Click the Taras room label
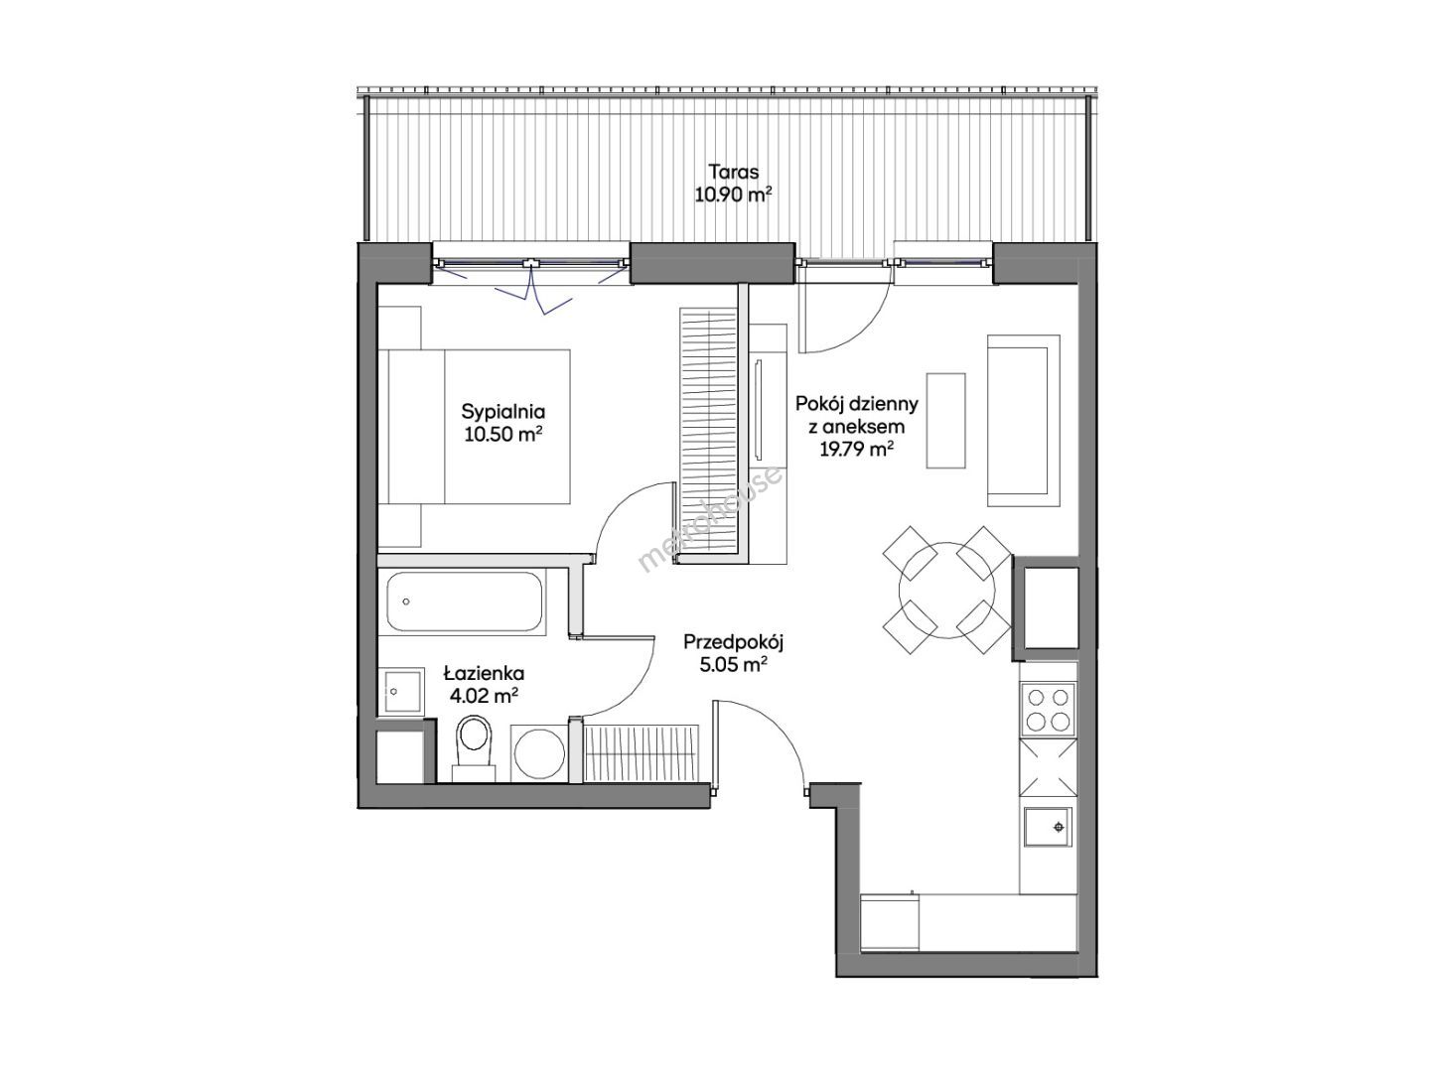734,172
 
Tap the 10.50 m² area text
503,435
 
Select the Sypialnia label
503,412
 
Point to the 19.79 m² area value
856,449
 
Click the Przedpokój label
733,642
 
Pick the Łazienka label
485,673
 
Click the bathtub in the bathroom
464,602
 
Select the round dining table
946,591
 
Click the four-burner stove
1048,710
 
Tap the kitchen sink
1048,828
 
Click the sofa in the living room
1024,420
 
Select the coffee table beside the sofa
946,420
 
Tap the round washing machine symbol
539,753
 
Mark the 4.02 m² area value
485,696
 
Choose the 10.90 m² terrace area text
734,195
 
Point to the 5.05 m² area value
733,666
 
